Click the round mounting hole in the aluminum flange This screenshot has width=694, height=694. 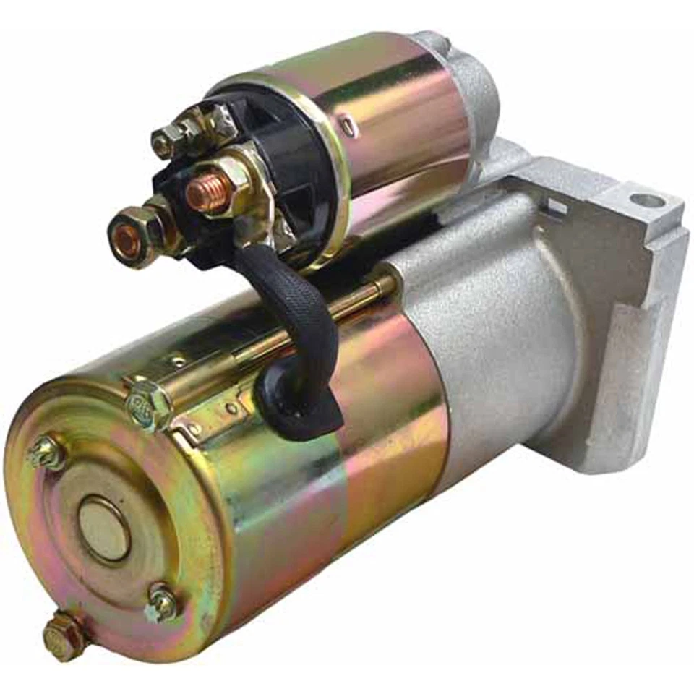point(646,200)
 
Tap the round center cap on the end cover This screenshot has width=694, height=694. point(103,528)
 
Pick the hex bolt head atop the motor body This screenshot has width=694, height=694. point(148,405)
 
